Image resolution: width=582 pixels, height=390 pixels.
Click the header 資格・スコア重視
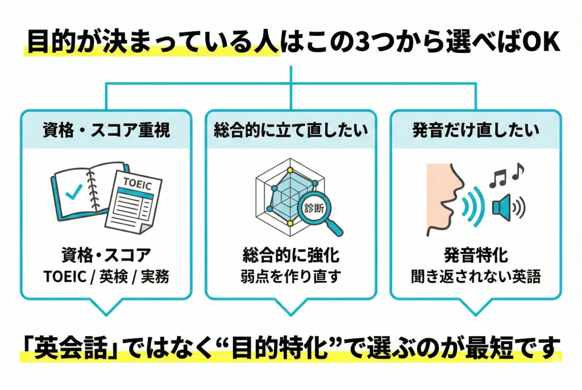[106, 131]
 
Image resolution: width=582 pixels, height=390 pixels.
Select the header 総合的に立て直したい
[290, 131]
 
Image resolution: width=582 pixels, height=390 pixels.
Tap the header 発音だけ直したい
[475, 131]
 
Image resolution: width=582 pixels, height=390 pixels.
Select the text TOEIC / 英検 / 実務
[106, 277]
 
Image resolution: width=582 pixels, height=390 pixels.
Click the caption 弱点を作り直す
[290, 277]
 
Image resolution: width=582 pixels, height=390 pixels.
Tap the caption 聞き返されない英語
[475, 277]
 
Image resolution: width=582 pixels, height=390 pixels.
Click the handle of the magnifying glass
[335, 228]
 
